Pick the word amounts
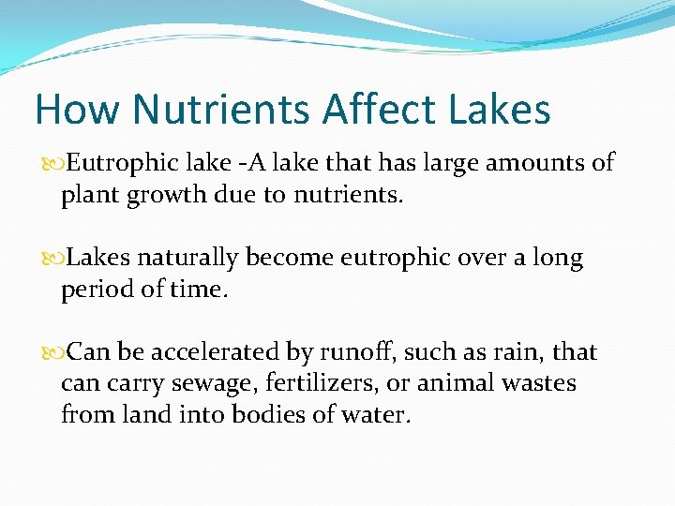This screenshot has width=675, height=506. pos(543,163)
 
